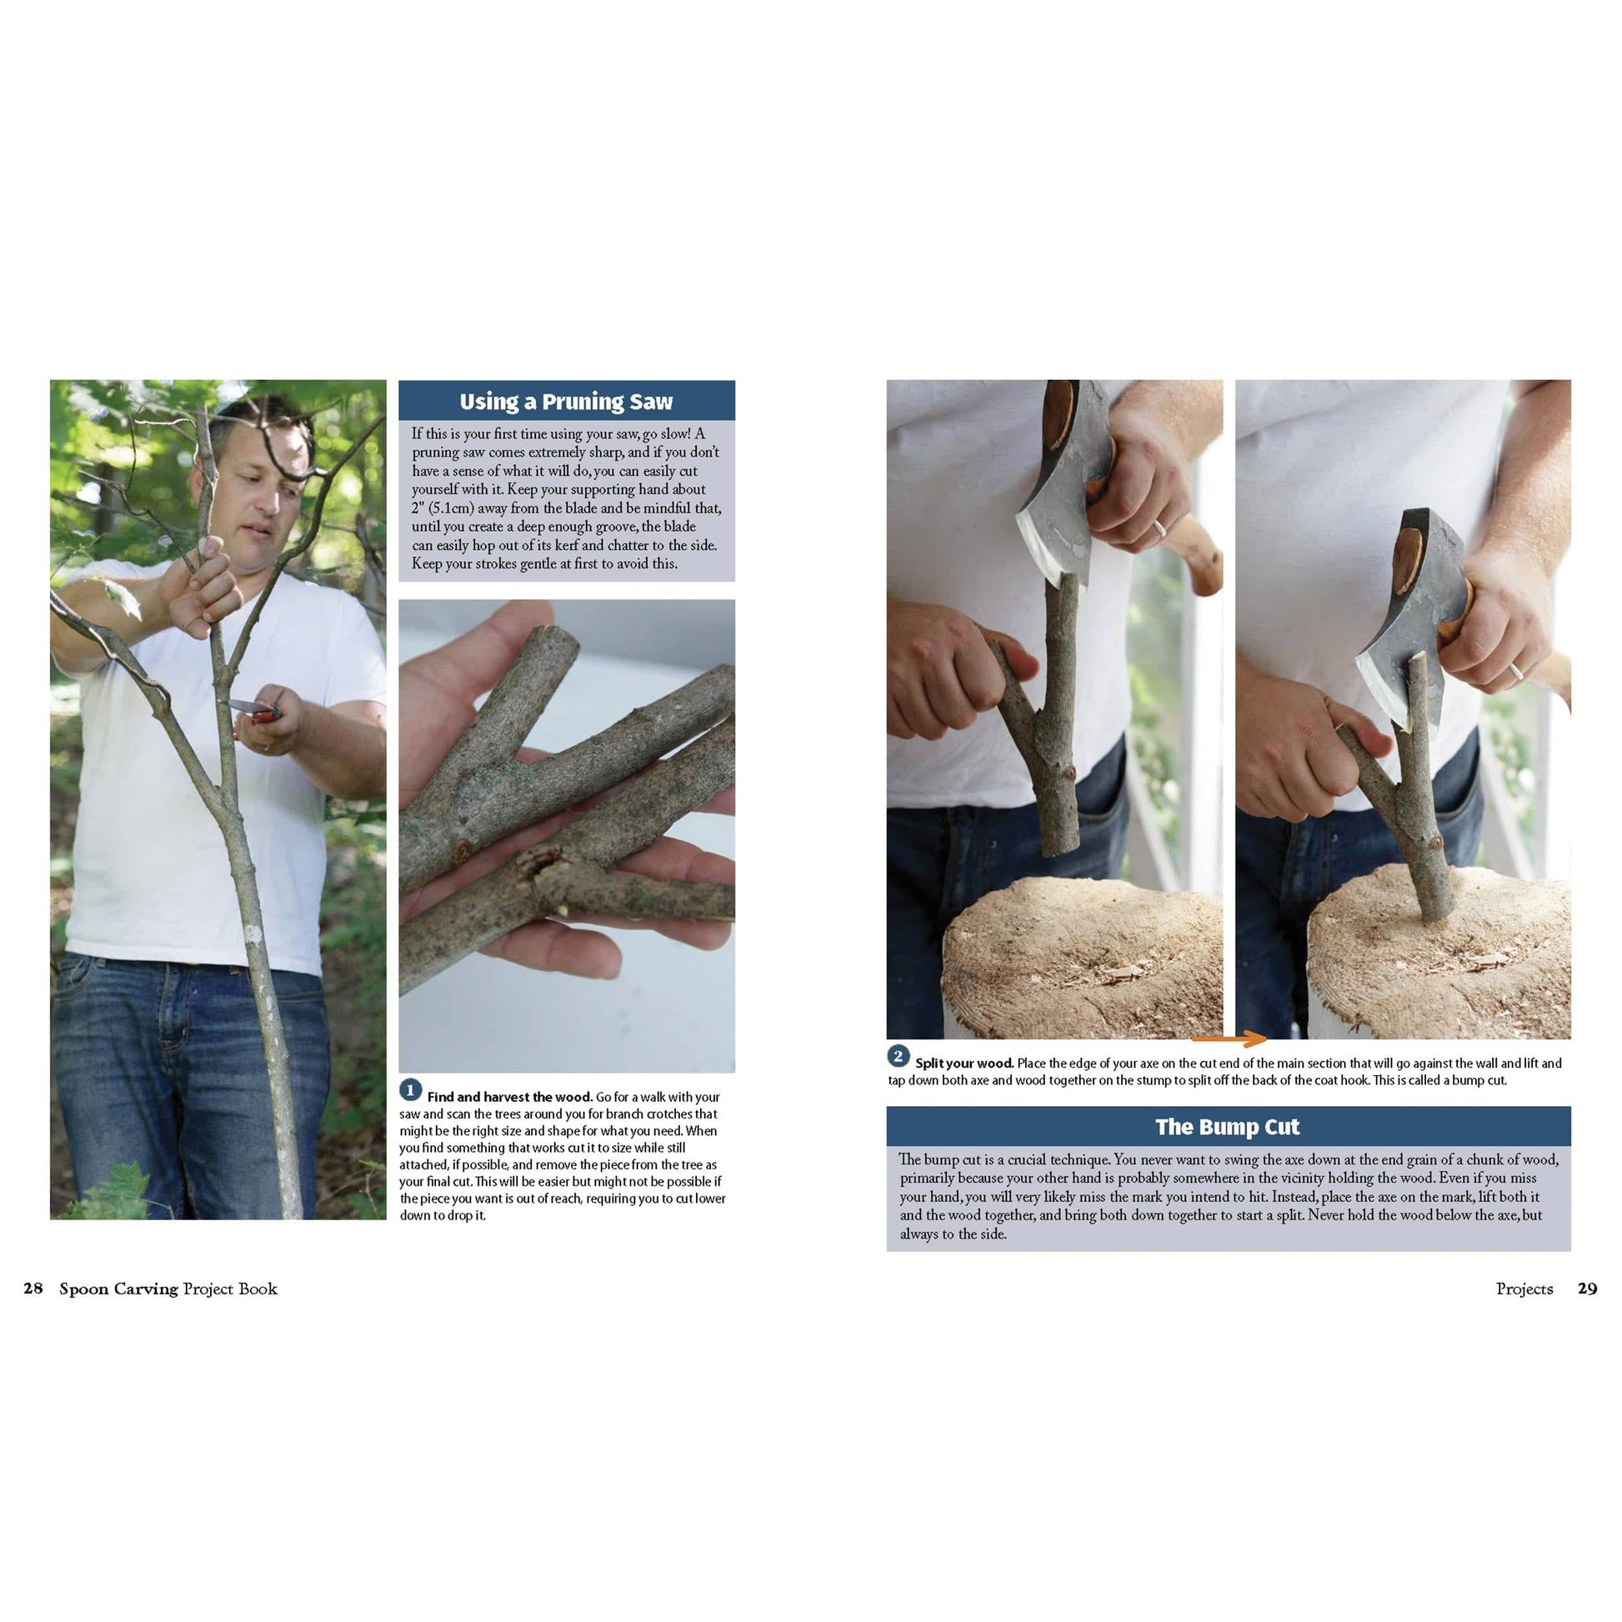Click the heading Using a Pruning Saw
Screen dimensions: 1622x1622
[x=566, y=401]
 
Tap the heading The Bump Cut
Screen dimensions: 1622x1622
[x=1227, y=1127]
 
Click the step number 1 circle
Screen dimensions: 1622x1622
[x=410, y=1090]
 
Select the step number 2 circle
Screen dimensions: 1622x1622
[x=898, y=1056]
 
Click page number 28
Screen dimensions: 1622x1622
[x=33, y=1289]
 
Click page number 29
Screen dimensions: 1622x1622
[x=1587, y=1289]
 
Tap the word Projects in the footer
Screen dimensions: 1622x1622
[x=1524, y=1289]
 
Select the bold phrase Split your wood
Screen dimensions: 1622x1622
[x=964, y=1064]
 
